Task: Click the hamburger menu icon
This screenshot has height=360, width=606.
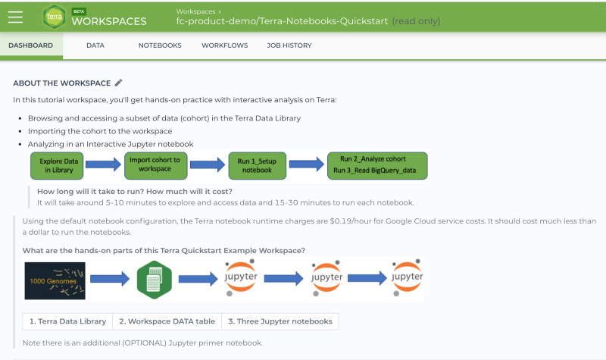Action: (15, 17)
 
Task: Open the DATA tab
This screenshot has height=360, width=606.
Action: (95, 45)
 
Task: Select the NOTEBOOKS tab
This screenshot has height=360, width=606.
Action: (160, 45)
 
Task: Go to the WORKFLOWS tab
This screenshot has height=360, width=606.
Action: (224, 45)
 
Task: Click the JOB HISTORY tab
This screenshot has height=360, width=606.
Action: (289, 45)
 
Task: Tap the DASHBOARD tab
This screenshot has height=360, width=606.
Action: (31, 45)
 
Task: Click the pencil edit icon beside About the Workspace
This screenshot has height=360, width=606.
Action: (118, 83)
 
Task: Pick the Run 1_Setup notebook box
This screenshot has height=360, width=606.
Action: (257, 165)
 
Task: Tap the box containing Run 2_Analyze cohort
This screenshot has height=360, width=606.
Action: (376, 164)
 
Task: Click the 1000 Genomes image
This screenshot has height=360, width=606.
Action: (55, 280)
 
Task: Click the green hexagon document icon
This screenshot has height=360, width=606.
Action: (155, 280)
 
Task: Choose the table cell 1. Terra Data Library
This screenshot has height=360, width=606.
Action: (67, 321)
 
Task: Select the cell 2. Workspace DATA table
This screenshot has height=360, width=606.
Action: (167, 321)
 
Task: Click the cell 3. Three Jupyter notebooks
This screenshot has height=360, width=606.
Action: (280, 321)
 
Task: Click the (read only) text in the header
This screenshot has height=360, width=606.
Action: (416, 21)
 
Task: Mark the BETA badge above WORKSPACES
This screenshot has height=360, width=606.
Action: (79, 11)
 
